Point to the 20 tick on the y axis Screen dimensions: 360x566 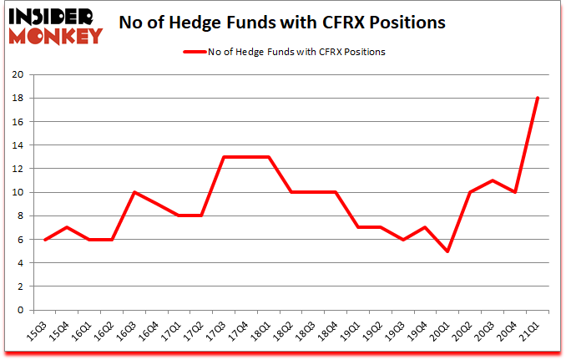pyautogui.click(x=16, y=74)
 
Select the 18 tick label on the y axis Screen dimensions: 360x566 pyautogui.click(x=16, y=98)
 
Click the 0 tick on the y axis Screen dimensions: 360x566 pyautogui.click(x=19, y=310)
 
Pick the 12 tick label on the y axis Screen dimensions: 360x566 pyautogui.click(x=16, y=169)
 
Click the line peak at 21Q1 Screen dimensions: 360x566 pyautogui.click(x=538, y=98)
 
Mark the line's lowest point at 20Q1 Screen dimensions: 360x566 pyautogui.click(x=448, y=251)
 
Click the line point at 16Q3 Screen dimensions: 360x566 pyautogui.click(x=135, y=192)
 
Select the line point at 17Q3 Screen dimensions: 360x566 pyautogui.click(x=225, y=157)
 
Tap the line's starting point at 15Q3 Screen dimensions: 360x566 pyautogui.click(x=45, y=239)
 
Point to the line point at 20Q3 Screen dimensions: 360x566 pyautogui.click(x=493, y=180)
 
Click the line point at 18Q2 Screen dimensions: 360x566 pyautogui.click(x=291, y=192)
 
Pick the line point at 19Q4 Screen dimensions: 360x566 pyautogui.click(x=426, y=227)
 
